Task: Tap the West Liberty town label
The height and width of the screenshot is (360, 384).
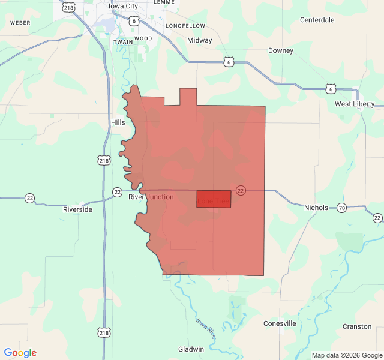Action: (355, 104)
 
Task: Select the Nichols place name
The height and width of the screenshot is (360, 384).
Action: (316, 208)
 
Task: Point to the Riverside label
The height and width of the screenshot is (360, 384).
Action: (78, 210)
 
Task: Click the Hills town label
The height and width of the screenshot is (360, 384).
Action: (118, 122)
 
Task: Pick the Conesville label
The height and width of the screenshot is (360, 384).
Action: (280, 323)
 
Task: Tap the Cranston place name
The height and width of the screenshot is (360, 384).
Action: (357, 326)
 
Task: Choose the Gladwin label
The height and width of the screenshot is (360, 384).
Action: (191, 349)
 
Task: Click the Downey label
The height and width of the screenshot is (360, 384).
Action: (281, 50)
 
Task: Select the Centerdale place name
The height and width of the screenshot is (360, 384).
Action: (317, 20)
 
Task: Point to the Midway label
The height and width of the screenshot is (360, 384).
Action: (199, 41)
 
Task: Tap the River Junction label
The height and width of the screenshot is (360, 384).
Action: (151, 197)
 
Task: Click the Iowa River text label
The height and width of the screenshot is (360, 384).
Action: (205, 329)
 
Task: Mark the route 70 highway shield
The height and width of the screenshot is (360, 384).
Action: (341, 208)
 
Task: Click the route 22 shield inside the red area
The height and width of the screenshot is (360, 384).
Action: (241, 190)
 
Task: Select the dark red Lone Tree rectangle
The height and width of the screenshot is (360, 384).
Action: (214, 199)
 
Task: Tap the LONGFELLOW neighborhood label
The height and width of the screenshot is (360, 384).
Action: (185, 26)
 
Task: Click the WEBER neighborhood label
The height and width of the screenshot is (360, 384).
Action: (20, 23)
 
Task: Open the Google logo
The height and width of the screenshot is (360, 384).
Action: (20, 353)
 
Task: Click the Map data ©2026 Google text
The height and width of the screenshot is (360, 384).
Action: (346, 355)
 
